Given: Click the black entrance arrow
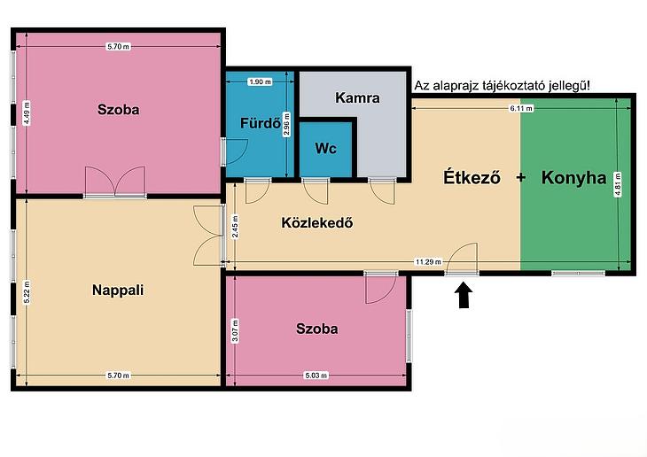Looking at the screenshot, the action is pos(464,295).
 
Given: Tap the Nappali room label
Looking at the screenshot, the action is pos(118,290).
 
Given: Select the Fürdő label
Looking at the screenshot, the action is pos(261,123).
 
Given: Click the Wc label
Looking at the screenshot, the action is pos(325,149).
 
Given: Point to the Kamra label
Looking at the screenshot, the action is pos(357,97).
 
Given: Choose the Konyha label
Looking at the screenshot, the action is pos(574,178).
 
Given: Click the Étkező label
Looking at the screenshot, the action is pos(472,177).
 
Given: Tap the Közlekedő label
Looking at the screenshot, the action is pos(317,222).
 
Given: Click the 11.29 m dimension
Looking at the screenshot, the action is pos(428,262).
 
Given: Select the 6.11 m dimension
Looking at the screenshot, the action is pos(521,108).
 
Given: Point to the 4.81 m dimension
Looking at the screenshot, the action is pos(618,184).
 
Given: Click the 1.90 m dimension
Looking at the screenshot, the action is pos(260,81).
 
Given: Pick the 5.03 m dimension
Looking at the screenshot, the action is pos(316,376).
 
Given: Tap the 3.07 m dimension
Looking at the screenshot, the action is pos(235,330).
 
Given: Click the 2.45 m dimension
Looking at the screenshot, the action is pos(235,227).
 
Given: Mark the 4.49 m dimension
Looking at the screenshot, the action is pos(27,113).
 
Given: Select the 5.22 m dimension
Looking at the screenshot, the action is pos(27,292).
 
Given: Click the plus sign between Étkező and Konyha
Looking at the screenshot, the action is pos(521,177).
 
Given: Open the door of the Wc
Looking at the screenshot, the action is pos(316,191).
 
